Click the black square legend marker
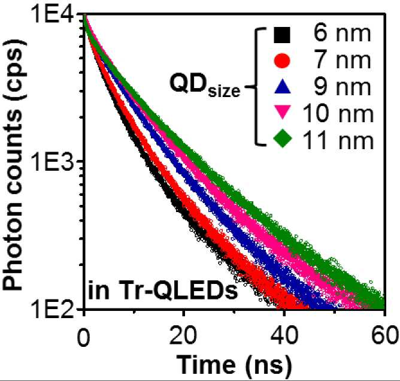click(x=282, y=35)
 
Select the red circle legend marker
click(x=282, y=61)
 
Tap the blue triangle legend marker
click(x=283, y=87)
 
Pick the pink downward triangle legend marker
click(x=283, y=112)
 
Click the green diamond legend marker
click(x=283, y=138)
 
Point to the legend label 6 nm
click(x=342, y=34)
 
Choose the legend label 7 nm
click(x=342, y=61)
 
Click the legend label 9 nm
click(x=342, y=86)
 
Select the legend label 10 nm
click(x=338, y=113)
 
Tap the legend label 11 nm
click(x=338, y=140)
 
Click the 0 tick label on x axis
click(x=84, y=337)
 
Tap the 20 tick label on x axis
click(x=183, y=337)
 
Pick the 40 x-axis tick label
click(x=284, y=337)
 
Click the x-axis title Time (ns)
click(x=235, y=366)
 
